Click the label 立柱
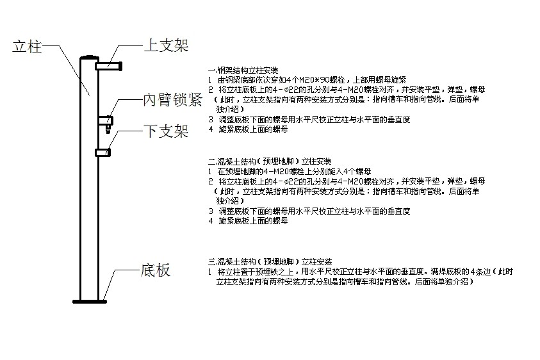click(28, 47)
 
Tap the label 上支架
click(165, 45)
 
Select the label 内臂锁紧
click(172, 101)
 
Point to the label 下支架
click(165, 132)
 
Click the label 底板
click(154, 270)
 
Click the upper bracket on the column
click(108, 64)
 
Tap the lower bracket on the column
click(102, 152)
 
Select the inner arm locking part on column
click(107, 122)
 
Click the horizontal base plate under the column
click(89, 300)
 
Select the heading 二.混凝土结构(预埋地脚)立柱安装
click(270, 161)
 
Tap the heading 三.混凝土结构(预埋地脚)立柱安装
click(270, 262)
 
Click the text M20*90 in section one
click(304, 79)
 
